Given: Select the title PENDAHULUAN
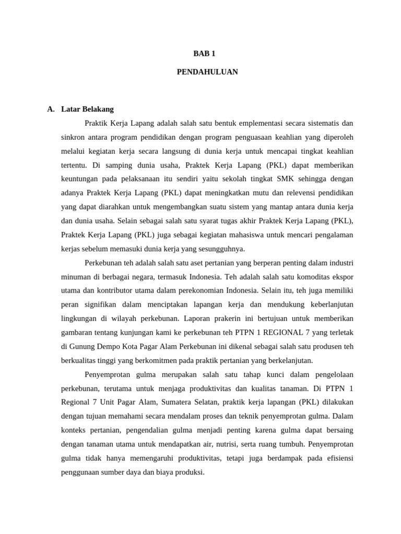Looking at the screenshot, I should click(x=207, y=72).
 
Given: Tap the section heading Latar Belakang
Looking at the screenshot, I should click(x=87, y=109).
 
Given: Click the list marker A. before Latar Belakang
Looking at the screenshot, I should click(x=51, y=109).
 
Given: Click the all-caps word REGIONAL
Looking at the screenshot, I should click(x=270, y=333).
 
